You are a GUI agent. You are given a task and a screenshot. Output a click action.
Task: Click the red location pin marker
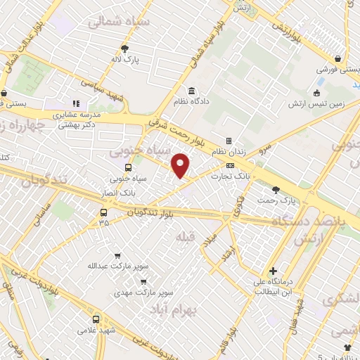coord(181,166)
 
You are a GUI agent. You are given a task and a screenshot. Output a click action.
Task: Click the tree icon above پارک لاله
coord(124,49)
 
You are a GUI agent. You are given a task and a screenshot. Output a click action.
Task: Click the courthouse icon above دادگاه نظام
coord(191,91)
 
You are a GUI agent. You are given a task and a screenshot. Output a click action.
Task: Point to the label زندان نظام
coord(228,153)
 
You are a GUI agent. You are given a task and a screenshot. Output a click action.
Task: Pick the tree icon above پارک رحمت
coord(275,189)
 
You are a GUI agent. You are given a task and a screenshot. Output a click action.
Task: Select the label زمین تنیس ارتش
coord(316,104)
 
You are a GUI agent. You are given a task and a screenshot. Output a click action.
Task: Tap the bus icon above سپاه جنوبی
coord(127,167)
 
